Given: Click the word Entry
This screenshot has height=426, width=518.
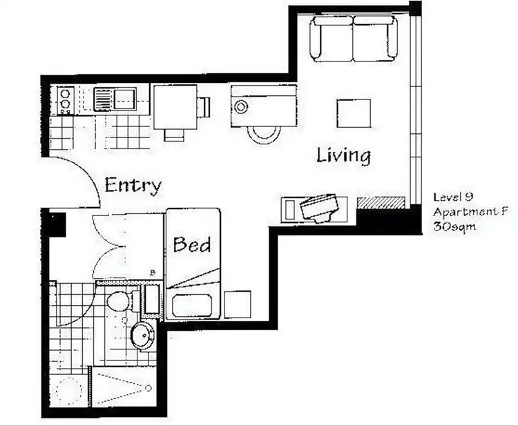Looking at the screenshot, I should (133, 185).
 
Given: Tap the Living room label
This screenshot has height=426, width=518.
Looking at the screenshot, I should (343, 155).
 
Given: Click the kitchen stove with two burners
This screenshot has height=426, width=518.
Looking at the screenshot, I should (66, 100).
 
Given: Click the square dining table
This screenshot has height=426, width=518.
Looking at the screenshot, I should (175, 107).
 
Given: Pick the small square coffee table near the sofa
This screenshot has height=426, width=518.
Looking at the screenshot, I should (354, 113).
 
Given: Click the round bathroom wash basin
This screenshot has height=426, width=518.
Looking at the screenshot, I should (144, 335).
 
